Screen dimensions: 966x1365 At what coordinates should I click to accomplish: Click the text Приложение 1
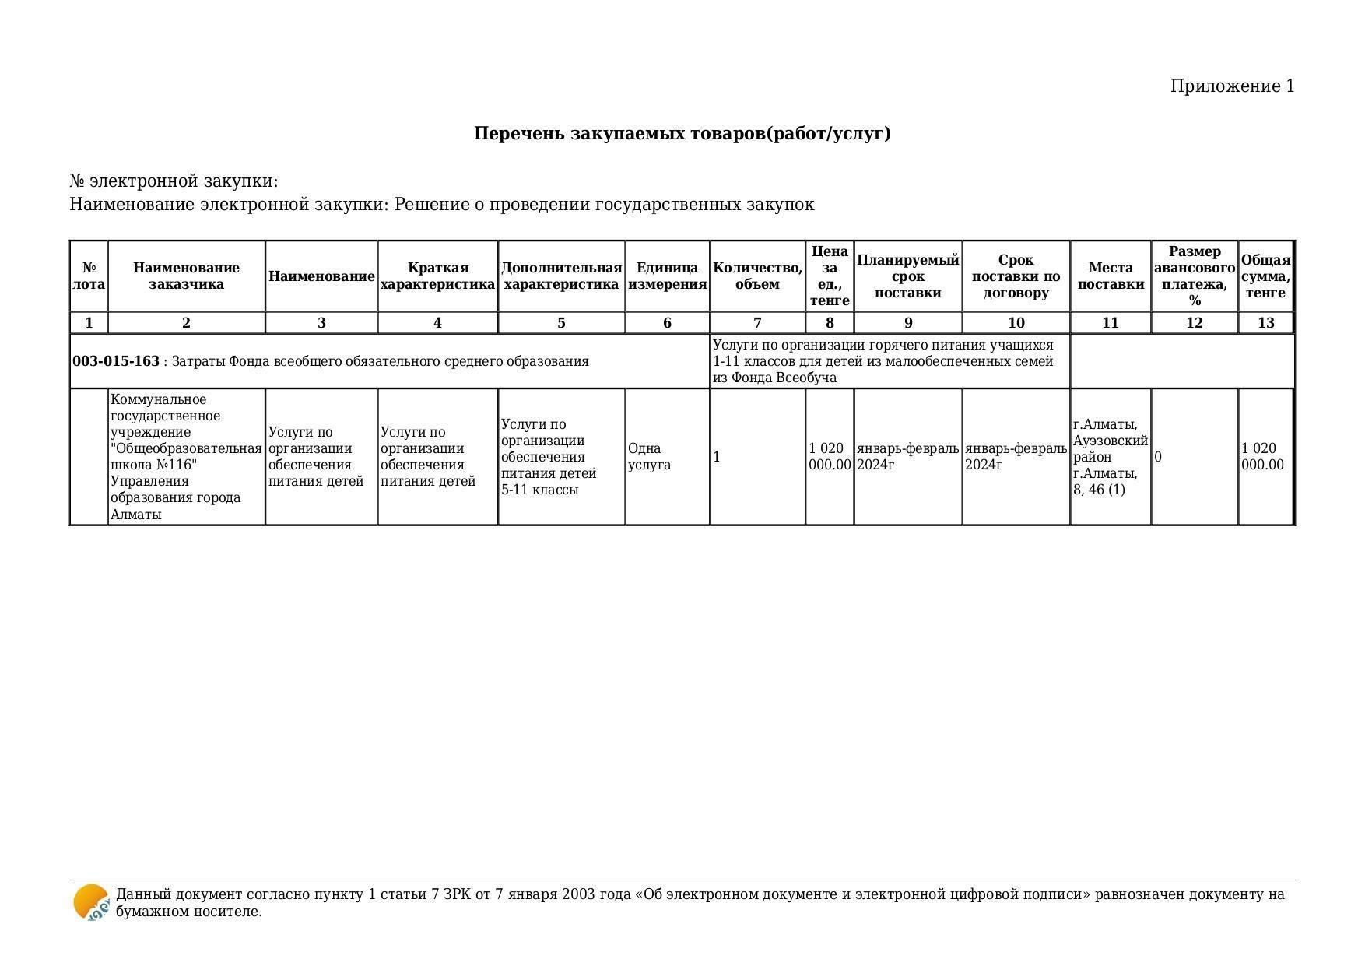1232,86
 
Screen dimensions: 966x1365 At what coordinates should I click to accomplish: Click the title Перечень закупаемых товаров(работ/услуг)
682,133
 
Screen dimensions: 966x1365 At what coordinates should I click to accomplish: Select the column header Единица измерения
667,276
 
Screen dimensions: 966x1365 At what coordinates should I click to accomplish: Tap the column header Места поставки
1110,276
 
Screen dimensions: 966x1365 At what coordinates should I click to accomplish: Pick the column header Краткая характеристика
437,276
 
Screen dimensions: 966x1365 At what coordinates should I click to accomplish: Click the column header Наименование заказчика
186,276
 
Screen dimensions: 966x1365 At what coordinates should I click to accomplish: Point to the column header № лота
89,276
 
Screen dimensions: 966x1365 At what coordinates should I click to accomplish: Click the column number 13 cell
1265,323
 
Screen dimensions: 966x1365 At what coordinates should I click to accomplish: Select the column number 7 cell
757,323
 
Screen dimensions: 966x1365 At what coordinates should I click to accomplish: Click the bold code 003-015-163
116,361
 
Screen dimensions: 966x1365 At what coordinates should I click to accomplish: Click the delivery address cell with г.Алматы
1110,457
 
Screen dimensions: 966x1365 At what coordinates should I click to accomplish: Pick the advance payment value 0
1158,457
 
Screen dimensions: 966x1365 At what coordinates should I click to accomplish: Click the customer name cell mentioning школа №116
186,457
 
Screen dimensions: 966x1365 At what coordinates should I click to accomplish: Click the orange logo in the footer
91,903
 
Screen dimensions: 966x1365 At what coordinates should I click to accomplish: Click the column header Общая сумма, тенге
1265,276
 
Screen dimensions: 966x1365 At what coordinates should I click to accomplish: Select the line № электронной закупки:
174,181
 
